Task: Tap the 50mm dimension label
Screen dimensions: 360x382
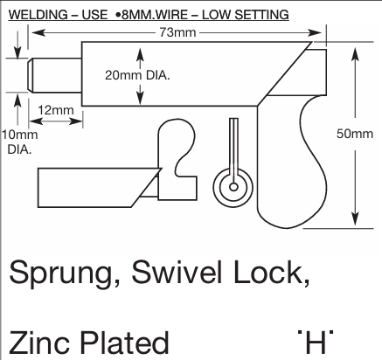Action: point(356,134)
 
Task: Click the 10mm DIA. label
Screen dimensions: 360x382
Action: point(19,141)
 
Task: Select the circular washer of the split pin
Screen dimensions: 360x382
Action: point(232,184)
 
